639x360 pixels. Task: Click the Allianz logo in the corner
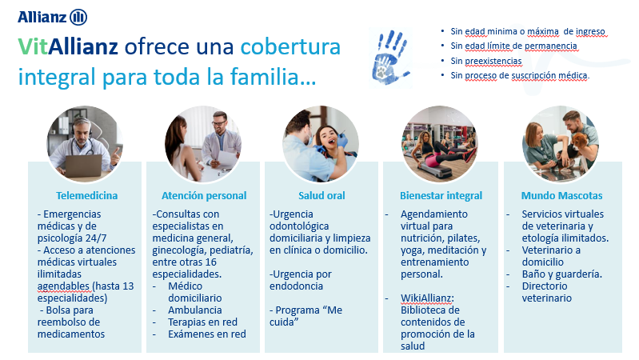pos(52,17)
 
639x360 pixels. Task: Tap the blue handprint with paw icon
pos(390,58)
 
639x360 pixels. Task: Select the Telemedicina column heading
pos(87,196)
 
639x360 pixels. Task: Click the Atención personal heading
pos(204,196)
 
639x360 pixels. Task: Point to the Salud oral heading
pos(321,196)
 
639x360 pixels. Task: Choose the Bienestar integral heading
pos(441,196)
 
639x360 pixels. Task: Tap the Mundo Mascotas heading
pos(561,196)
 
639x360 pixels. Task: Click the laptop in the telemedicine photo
pos(83,166)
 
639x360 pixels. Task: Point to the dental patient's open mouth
pos(331,142)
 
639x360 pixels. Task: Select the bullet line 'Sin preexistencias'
pos(485,61)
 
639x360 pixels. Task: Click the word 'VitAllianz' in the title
pos(68,46)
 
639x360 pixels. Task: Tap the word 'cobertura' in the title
pos(290,46)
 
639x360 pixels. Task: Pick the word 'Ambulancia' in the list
pos(195,310)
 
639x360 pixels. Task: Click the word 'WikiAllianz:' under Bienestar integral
pos(427,298)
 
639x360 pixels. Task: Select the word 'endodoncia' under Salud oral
pos(296,286)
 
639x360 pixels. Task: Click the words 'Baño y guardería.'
pos(562,274)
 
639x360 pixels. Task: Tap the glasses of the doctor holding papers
pos(219,122)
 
